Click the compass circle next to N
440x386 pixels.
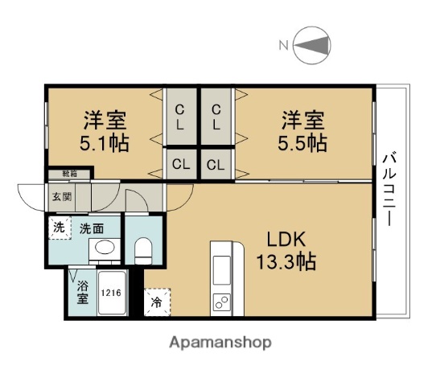[x=312, y=46]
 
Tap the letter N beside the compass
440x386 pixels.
[x=283, y=46]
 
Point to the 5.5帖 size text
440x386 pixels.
[x=303, y=143]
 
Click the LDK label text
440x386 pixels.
[x=286, y=239]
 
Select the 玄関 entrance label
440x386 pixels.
[x=62, y=196]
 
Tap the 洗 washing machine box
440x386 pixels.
[x=59, y=227]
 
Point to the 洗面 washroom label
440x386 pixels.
[x=89, y=228]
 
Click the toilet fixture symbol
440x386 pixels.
[x=144, y=250]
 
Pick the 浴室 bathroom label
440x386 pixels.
[x=82, y=292]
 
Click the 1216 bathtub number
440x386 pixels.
[x=111, y=293]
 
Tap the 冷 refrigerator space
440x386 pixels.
[x=157, y=303]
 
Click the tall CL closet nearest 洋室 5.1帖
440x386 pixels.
[x=180, y=117]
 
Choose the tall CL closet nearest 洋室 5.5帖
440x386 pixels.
[x=216, y=117]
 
